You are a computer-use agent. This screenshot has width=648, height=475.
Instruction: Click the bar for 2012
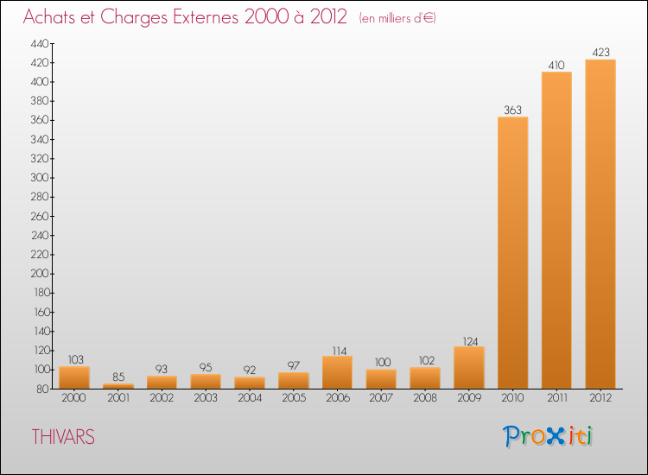[600, 225]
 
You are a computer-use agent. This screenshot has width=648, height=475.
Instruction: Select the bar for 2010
[512, 253]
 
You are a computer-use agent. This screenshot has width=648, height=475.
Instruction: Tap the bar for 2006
[337, 372]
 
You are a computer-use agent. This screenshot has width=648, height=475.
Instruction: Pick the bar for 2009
[468, 368]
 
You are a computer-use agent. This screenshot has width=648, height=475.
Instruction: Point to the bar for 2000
[74, 377]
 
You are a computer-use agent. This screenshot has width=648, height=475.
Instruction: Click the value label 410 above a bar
[556, 65]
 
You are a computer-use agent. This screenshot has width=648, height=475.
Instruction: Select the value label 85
[118, 377]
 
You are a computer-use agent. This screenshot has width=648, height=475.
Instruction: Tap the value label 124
[468, 339]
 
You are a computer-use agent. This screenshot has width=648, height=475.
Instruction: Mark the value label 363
[512, 110]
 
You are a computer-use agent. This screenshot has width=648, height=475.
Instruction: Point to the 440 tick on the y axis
[40, 43]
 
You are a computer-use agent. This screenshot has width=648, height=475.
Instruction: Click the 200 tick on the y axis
[40, 274]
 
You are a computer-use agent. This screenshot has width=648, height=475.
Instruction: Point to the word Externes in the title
[198, 17]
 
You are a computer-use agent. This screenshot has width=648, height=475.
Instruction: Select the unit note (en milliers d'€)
[397, 18]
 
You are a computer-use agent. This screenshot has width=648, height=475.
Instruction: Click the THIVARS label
[63, 437]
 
